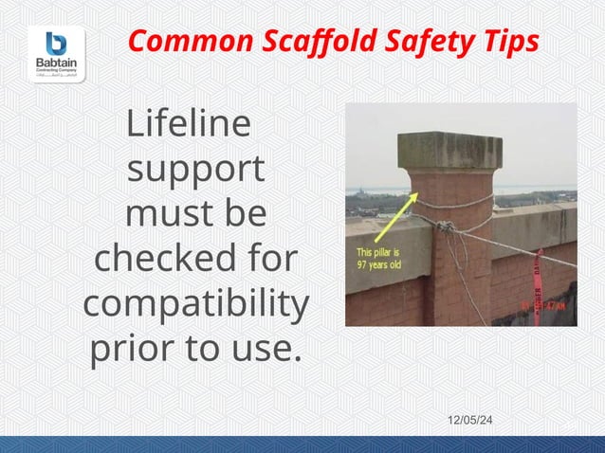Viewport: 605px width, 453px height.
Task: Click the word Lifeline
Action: pos(189,123)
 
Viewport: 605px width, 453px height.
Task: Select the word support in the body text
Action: pos(195,170)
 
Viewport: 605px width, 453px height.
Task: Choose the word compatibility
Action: pos(195,305)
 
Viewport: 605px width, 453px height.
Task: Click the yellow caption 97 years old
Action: pos(378,265)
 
